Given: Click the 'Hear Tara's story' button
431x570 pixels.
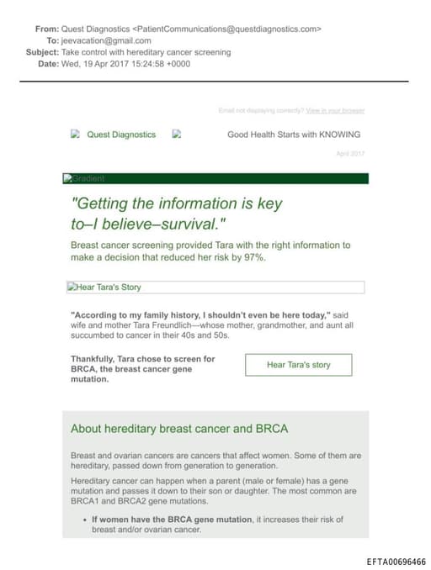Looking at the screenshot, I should (298, 365).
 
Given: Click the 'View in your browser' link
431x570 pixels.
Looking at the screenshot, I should (335, 110).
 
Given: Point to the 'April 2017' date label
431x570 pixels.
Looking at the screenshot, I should (350, 153).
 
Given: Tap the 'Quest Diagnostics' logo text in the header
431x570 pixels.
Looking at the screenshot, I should (121, 135).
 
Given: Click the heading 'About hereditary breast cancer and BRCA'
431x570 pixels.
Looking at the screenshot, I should (179, 429).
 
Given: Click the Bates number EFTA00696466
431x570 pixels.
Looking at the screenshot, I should (396, 562).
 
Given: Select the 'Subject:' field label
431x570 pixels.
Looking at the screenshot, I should (42, 52).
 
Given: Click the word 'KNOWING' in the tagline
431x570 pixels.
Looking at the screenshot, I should (339, 135).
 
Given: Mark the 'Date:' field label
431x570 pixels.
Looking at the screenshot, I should (48, 64).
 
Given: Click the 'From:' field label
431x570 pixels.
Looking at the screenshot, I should (46, 29).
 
